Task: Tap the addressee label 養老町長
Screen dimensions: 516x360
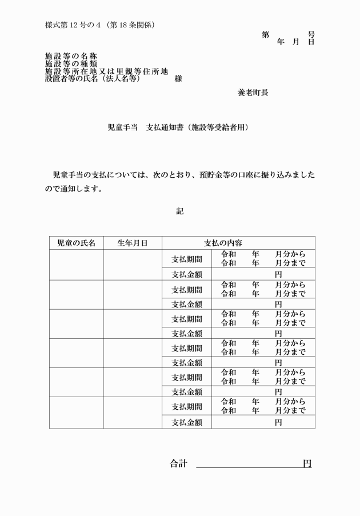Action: pyautogui.click(x=253, y=92)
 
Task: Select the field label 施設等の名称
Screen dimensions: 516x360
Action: pyautogui.click(x=71, y=56)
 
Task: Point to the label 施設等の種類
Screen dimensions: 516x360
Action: pyautogui.click(x=71, y=63)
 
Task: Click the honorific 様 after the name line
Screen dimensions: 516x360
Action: pyautogui.click(x=178, y=79)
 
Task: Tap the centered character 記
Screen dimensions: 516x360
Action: pyautogui.click(x=180, y=211)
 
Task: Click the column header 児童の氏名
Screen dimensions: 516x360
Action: pyautogui.click(x=76, y=243)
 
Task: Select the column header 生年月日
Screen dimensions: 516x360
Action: pyautogui.click(x=133, y=243)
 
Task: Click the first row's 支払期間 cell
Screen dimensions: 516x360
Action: pyautogui.click(x=187, y=259)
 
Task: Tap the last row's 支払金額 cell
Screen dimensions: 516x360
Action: pyautogui.click(x=187, y=422)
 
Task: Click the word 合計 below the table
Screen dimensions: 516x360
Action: pyautogui.click(x=178, y=464)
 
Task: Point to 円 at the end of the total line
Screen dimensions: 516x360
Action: pyautogui.click(x=307, y=464)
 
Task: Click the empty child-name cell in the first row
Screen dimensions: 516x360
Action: pyautogui.click(x=76, y=265)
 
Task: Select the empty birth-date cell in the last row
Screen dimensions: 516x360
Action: pyautogui.click(x=133, y=412)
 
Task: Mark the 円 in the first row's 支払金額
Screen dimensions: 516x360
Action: pyautogui.click(x=278, y=274)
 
